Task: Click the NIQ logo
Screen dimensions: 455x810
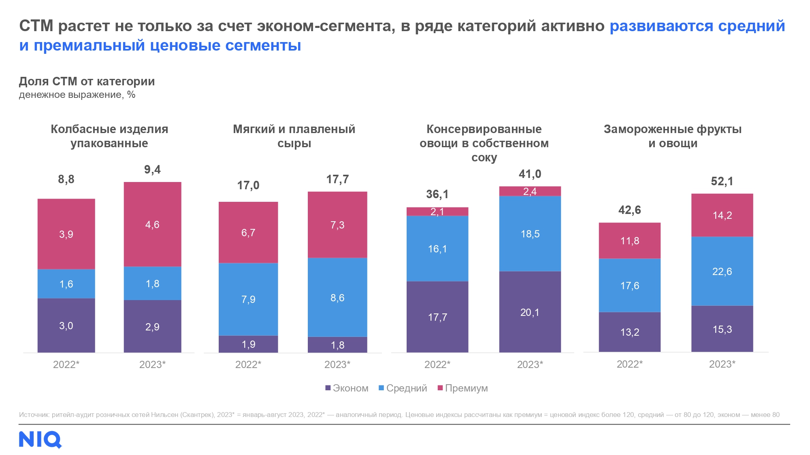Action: coord(40,440)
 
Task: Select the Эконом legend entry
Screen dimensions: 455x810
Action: coord(347,388)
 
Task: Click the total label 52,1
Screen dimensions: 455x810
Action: coord(722,182)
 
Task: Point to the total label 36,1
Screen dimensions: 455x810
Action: coord(437,195)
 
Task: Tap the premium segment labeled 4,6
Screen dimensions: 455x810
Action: coord(152,224)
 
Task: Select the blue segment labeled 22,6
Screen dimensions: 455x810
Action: coord(722,271)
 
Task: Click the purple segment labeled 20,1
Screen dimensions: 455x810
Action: coord(530,312)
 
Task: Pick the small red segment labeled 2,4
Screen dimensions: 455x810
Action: coord(530,191)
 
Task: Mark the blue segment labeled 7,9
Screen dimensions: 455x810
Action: coord(248,299)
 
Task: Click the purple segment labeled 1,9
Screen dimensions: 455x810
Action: coord(248,344)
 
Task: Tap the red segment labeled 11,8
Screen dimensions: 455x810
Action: coord(629,241)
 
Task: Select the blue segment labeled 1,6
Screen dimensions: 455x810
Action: coord(66,284)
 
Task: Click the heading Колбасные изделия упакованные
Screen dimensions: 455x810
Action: coord(109,136)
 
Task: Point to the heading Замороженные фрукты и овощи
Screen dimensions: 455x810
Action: coord(672,136)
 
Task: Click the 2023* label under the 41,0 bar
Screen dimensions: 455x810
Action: coord(530,364)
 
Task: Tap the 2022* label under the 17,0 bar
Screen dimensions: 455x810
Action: coord(248,364)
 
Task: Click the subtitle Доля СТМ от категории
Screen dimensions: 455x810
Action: coord(87,82)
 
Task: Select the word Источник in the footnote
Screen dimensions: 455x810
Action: coord(34,415)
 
